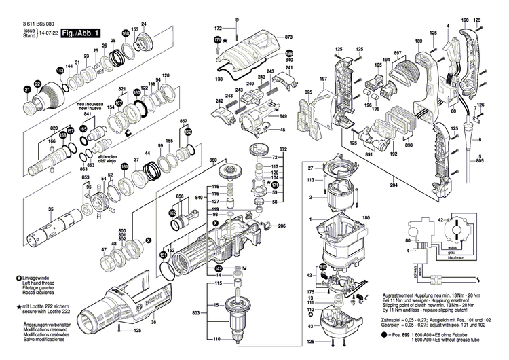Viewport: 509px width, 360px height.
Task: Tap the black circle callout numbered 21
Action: [x=27, y=89]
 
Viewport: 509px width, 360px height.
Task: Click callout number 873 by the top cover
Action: [x=288, y=36]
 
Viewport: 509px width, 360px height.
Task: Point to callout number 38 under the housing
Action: [x=153, y=322]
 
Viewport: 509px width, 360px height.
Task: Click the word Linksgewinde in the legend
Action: [x=36, y=278]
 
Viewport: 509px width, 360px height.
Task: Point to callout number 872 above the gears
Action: [x=284, y=148]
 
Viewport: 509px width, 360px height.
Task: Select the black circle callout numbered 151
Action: [x=163, y=254]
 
